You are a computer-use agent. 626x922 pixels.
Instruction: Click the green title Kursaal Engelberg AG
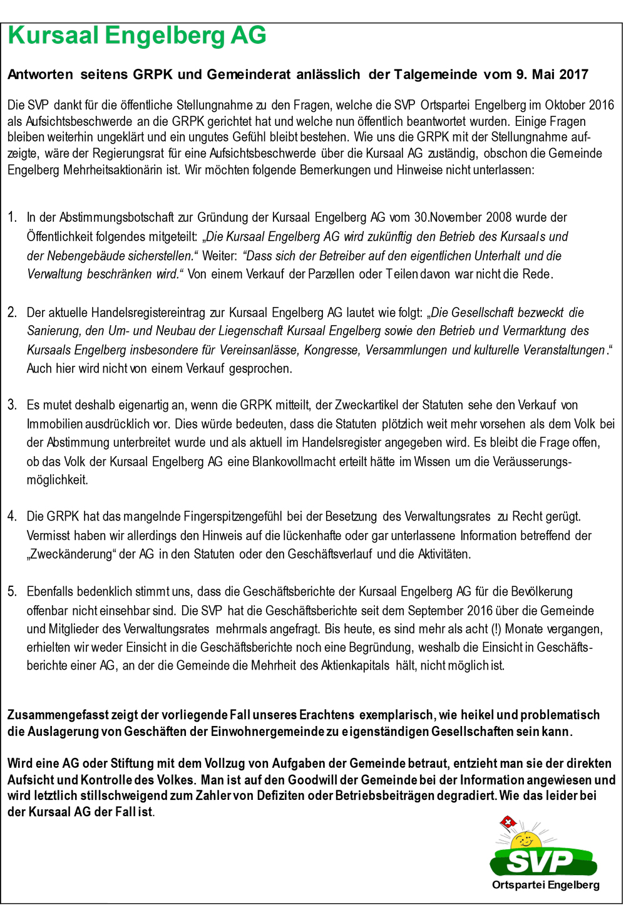click(137, 36)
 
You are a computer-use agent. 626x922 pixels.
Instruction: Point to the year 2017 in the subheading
click(573, 75)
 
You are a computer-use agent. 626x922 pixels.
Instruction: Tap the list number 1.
click(12, 217)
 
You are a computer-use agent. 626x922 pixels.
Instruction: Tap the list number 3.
click(12, 405)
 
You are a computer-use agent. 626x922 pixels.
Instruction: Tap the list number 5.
click(12, 591)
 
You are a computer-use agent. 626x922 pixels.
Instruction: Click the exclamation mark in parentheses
click(496, 629)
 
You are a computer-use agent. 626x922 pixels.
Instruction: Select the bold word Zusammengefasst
click(58, 715)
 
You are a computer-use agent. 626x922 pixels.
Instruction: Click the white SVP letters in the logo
click(540, 862)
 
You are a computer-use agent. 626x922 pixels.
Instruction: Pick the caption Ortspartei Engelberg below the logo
click(545, 885)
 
